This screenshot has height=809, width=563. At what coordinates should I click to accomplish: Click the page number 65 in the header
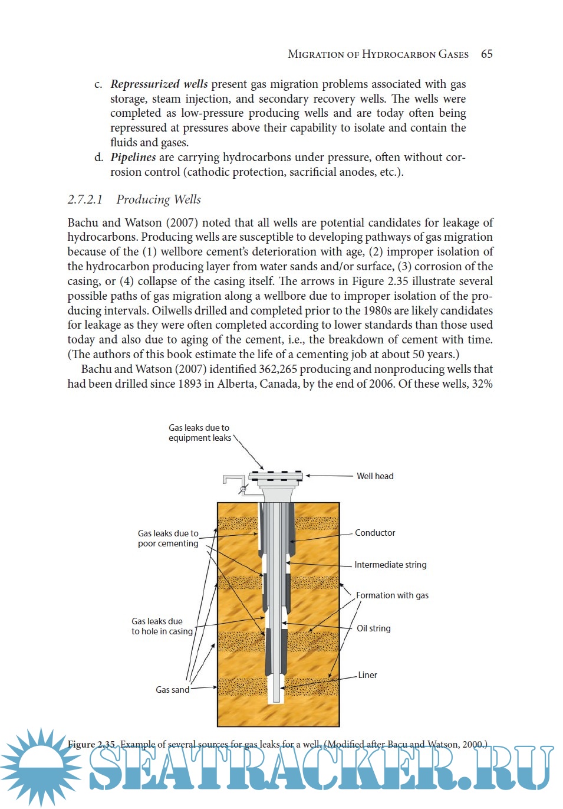486,54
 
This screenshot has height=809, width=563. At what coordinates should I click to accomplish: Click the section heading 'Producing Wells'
158,199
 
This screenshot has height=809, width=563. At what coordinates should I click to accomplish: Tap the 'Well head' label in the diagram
375,476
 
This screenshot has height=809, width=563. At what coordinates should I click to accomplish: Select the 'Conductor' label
375,533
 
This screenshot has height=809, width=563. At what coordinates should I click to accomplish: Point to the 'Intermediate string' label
390,565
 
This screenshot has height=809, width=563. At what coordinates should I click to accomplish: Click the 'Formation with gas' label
392,595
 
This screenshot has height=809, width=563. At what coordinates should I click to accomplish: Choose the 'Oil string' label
374,628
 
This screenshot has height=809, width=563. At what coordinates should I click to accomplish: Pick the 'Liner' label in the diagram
367,675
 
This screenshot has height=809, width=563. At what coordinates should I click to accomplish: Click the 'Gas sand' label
172,690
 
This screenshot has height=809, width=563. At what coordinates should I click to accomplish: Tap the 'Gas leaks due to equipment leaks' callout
199,433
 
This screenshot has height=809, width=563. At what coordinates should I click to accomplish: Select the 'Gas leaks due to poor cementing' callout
168,538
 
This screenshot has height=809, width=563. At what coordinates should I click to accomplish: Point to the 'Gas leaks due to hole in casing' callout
162,626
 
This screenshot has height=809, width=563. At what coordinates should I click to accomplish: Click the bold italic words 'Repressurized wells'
159,84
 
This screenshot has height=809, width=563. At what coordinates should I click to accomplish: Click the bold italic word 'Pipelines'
133,158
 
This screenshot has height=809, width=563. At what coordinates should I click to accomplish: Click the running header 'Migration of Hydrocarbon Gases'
378,54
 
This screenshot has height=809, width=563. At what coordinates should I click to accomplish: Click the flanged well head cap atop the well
275,476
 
